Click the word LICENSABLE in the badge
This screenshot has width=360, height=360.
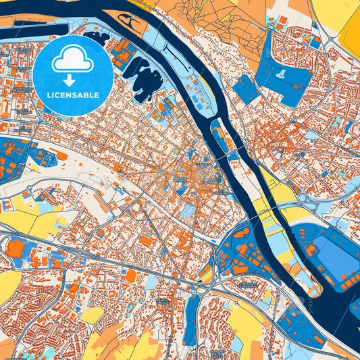72,95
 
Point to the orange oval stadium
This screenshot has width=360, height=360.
131,276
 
